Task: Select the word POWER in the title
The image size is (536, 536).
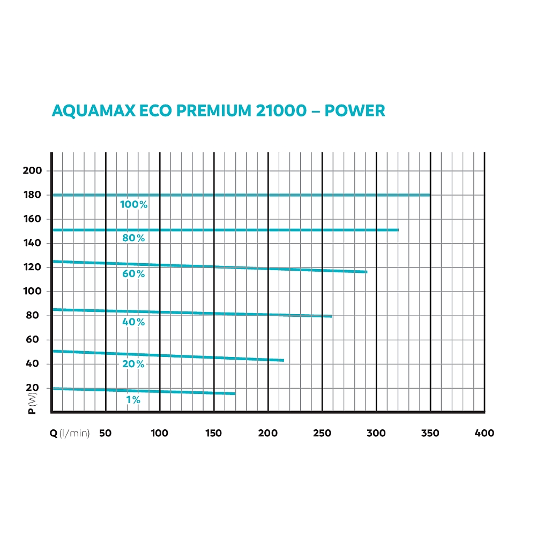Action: pyautogui.click(x=355, y=110)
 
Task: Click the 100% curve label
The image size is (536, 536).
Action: pyautogui.click(x=133, y=204)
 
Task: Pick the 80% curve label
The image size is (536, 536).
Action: pyautogui.click(x=133, y=238)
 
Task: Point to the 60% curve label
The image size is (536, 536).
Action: pyautogui.click(x=133, y=274)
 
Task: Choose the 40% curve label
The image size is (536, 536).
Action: pyautogui.click(x=133, y=322)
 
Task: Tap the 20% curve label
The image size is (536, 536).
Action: pyautogui.click(x=133, y=364)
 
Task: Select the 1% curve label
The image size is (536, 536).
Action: pyautogui.click(x=133, y=400)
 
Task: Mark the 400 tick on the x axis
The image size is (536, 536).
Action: pyautogui.click(x=485, y=433)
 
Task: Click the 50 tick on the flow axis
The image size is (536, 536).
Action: pyautogui.click(x=106, y=433)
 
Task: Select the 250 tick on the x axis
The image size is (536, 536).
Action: pyautogui.click(x=322, y=433)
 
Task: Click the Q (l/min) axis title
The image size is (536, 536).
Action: pyautogui.click(x=70, y=433)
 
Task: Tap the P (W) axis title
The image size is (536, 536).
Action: pyautogui.click(x=32, y=403)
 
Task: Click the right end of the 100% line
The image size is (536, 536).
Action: pyautogui.click(x=430, y=195)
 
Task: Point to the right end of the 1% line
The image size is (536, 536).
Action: pyautogui.click(x=235, y=394)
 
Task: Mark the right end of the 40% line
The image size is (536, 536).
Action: pyautogui.click(x=332, y=316)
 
